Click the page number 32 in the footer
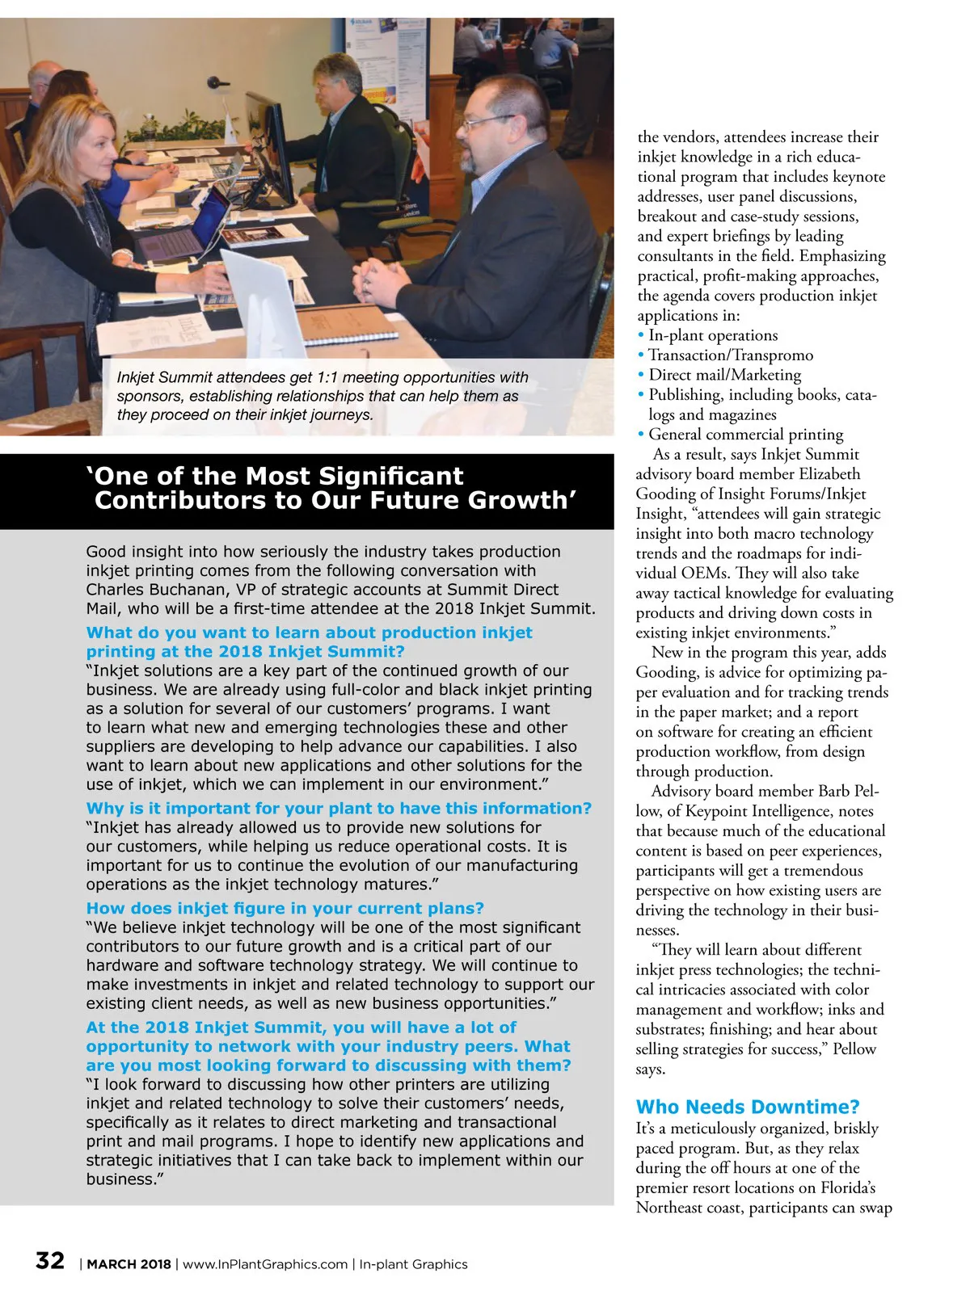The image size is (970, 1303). [50, 1261]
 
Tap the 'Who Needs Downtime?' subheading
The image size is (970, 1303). [748, 1107]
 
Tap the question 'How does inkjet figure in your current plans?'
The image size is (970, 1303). [285, 909]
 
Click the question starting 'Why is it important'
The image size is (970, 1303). [339, 809]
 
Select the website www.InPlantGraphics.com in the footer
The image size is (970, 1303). [265, 1264]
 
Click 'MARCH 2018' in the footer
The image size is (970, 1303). [129, 1264]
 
